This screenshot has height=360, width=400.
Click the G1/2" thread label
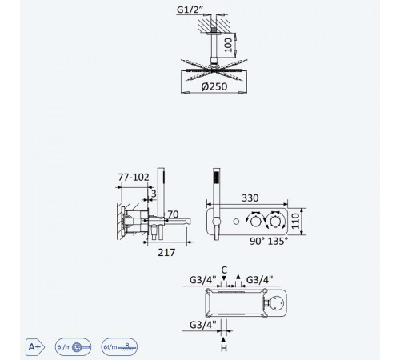click(x=190, y=10)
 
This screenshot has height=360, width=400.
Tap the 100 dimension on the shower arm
click(x=228, y=45)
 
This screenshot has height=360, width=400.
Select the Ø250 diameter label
click(x=214, y=86)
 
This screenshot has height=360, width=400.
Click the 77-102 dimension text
click(x=134, y=177)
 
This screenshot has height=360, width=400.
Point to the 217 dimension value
click(x=166, y=252)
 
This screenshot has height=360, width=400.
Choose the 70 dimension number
click(x=173, y=214)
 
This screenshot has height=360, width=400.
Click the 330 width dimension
click(x=250, y=198)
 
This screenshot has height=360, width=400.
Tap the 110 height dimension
click(x=295, y=221)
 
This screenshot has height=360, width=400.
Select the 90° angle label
click(x=257, y=241)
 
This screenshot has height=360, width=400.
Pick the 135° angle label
click(x=278, y=241)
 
